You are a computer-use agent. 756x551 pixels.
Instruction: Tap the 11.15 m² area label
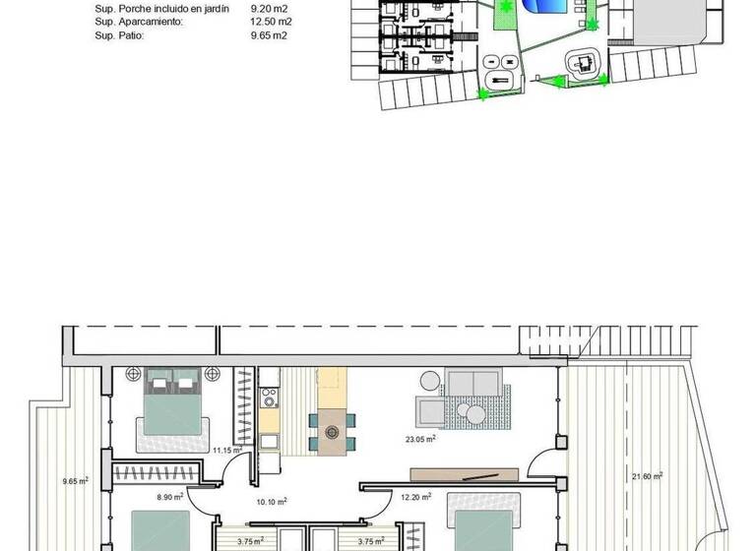pos(226,451)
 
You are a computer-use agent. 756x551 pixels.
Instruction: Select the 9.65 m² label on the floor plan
pos(76,481)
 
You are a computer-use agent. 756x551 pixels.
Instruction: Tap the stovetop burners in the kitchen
pos(267,398)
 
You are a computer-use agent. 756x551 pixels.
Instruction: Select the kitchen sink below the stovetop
pos(269,440)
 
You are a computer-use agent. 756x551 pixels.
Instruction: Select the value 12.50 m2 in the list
pos(272,20)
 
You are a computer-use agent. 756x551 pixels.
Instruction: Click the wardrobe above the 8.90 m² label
pos(157,475)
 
